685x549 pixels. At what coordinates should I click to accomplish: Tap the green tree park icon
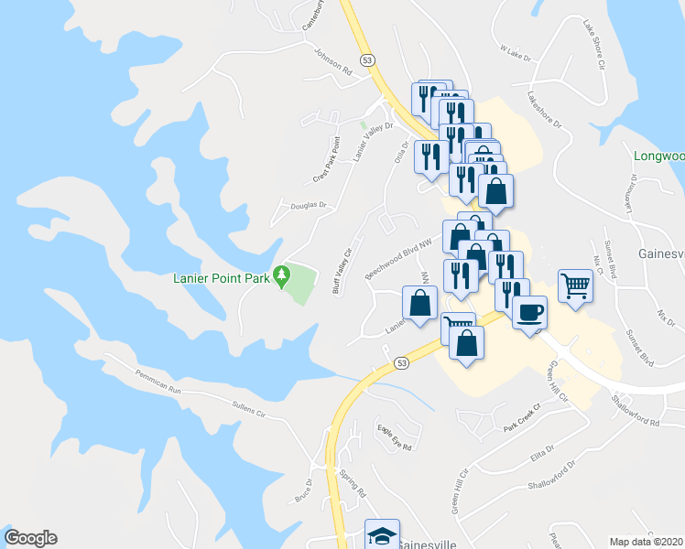tap(283, 274)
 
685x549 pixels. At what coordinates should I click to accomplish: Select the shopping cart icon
tap(575, 286)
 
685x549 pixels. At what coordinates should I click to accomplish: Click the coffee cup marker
tap(529, 314)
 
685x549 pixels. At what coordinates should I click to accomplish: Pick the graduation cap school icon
tap(382, 535)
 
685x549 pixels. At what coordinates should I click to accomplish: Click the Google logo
tap(30, 539)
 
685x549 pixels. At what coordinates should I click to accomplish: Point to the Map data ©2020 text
tap(647, 542)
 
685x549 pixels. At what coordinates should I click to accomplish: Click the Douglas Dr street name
tap(309, 206)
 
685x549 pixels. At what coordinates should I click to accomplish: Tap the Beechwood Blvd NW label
tap(397, 260)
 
